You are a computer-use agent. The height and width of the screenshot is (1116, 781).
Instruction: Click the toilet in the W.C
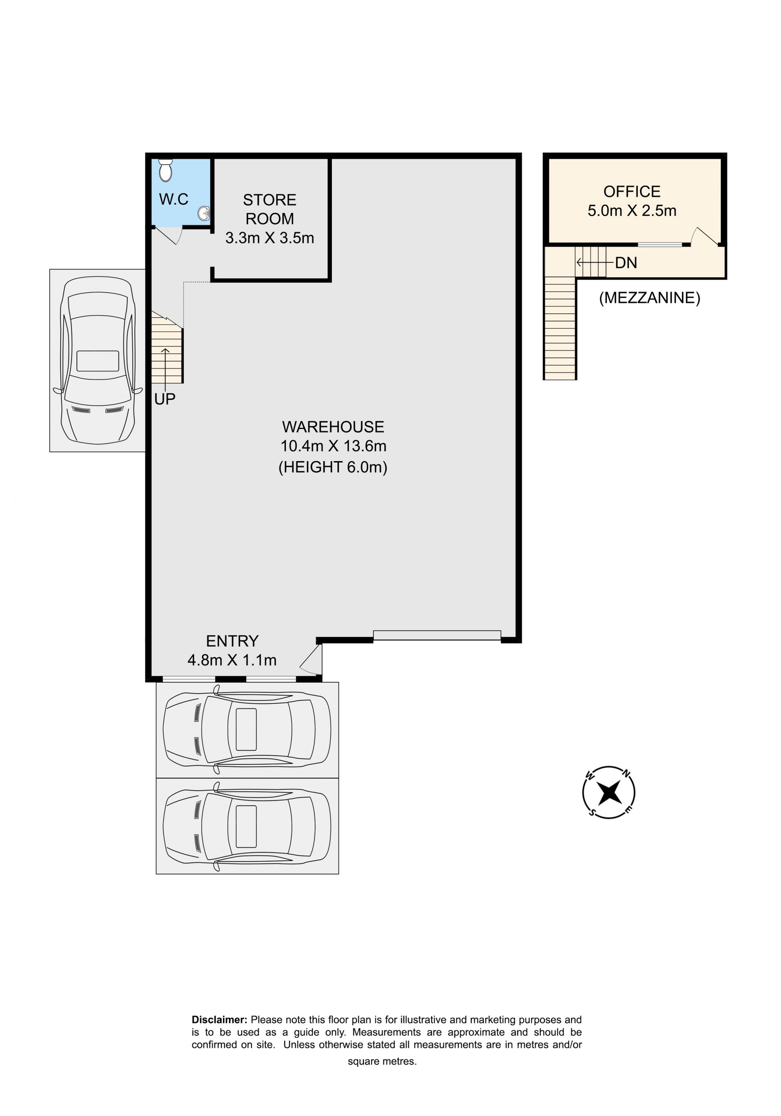(166, 170)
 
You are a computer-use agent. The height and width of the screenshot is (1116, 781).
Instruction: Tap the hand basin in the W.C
(204, 213)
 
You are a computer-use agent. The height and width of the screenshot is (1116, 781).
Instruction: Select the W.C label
(173, 199)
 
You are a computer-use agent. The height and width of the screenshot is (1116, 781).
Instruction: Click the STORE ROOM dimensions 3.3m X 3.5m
(270, 238)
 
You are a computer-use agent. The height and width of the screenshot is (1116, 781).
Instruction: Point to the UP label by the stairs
(165, 399)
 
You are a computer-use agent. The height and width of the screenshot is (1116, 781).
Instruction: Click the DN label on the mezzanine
(626, 263)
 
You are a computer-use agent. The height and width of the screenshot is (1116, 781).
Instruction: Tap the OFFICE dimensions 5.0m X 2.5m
(632, 210)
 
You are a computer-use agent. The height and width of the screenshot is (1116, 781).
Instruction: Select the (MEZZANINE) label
(649, 298)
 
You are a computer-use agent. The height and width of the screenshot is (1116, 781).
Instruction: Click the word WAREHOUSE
(333, 427)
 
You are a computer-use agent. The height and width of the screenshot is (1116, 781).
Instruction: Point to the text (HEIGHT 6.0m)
(333, 467)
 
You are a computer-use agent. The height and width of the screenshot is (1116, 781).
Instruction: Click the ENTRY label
(232, 641)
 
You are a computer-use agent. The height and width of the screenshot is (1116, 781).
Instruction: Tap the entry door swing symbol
(311, 660)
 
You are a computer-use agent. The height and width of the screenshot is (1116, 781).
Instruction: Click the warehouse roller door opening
(436, 635)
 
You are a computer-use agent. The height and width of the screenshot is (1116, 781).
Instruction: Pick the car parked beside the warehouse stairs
(98, 360)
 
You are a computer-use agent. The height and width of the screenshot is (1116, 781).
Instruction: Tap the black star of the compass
(609, 793)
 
